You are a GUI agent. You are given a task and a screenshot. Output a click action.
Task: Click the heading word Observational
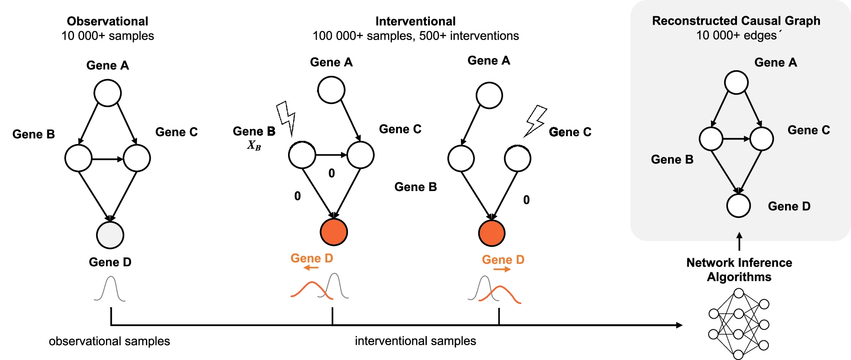[x=107, y=21]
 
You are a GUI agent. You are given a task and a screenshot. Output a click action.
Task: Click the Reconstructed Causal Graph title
[x=736, y=21]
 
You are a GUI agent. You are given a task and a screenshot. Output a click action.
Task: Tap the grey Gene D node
[x=110, y=235]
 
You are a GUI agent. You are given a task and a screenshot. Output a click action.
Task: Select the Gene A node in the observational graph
[x=108, y=93]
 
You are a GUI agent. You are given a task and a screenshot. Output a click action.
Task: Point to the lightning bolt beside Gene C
[x=535, y=120]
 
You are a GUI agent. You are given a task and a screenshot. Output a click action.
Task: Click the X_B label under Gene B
[x=254, y=146]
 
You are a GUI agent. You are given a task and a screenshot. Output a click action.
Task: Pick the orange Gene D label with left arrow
[x=311, y=258]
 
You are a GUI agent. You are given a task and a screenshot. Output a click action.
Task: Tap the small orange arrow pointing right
[x=502, y=269]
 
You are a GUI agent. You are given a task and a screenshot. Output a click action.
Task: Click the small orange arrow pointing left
[x=311, y=268]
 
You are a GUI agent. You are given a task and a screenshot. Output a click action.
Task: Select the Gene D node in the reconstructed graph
[x=738, y=206]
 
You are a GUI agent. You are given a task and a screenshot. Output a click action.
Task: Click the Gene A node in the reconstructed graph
[x=736, y=82]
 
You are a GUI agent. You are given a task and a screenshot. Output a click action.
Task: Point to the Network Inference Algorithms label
[x=739, y=269]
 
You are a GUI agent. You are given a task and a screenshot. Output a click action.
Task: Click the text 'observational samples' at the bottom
[x=109, y=341]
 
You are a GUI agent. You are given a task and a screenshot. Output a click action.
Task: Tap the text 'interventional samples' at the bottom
[x=415, y=341]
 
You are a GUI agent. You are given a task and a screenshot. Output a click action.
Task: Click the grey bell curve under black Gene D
[x=110, y=289]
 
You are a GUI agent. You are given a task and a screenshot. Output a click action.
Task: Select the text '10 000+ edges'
[x=736, y=35]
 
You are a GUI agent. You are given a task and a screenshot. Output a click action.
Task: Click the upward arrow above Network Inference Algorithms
[x=739, y=240]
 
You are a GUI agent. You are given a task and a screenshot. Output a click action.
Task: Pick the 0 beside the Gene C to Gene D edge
[x=526, y=200]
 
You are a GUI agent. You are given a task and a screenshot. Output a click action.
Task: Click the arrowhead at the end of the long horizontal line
[x=680, y=325]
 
